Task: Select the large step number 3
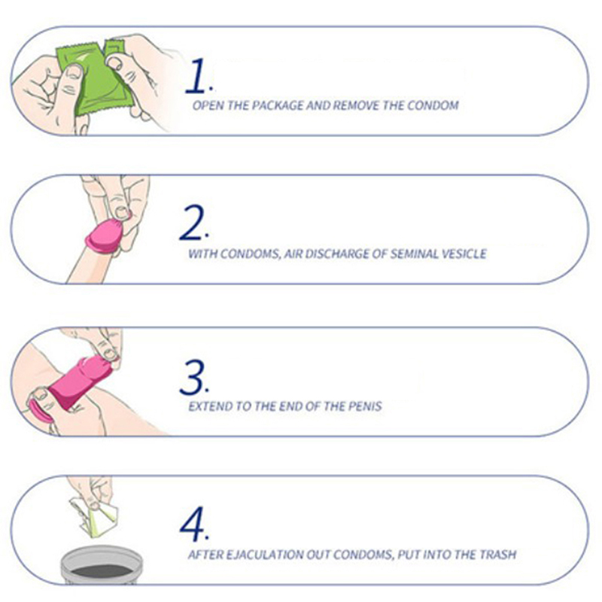(x=193, y=378)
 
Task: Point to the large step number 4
(x=193, y=524)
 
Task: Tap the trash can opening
(x=102, y=571)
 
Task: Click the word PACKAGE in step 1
(x=278, y=105)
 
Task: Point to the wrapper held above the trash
(x=96, y=516)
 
